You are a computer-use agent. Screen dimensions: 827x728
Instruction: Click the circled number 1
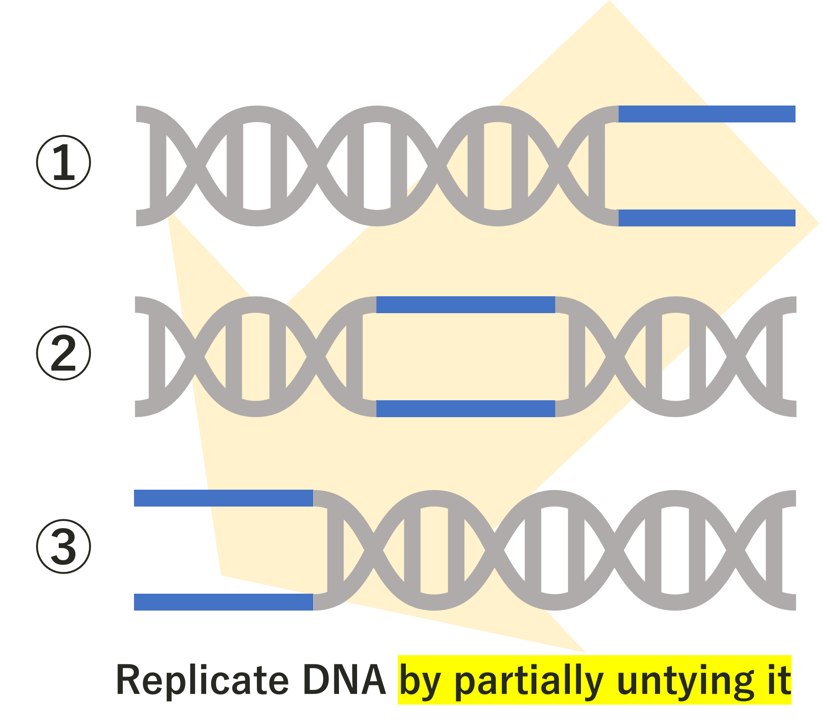tap(63, 162)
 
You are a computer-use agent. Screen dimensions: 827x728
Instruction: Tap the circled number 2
tap(63, 353)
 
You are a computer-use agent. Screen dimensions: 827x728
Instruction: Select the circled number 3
tap(63, 546)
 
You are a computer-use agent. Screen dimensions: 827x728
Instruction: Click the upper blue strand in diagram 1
tap(707, 114)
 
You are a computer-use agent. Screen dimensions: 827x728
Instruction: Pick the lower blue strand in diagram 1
tap(707, 218)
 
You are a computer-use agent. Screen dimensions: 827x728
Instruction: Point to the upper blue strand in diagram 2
tap(466, 305)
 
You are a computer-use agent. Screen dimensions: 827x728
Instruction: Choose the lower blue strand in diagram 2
tap(466, 409)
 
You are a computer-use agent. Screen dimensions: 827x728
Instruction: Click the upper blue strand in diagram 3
tap(224, 498)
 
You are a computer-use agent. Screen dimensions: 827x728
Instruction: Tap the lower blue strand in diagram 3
tap(224, 602)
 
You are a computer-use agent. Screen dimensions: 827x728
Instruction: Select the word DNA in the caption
tap(344, 680)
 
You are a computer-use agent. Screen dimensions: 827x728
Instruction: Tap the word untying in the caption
tap(685, 683)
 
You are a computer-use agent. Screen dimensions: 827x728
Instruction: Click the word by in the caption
tap(420, 682)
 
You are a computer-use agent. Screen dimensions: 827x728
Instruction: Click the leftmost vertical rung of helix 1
tap(158, 166)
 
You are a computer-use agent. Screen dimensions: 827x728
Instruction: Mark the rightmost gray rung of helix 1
tap(597, 166)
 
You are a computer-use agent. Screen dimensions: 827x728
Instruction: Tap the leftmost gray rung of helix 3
tap(336, 550)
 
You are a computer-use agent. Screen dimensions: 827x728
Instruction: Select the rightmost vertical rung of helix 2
tap(775, 357)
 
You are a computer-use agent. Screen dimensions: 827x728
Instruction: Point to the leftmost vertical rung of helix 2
tap(157, 357)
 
